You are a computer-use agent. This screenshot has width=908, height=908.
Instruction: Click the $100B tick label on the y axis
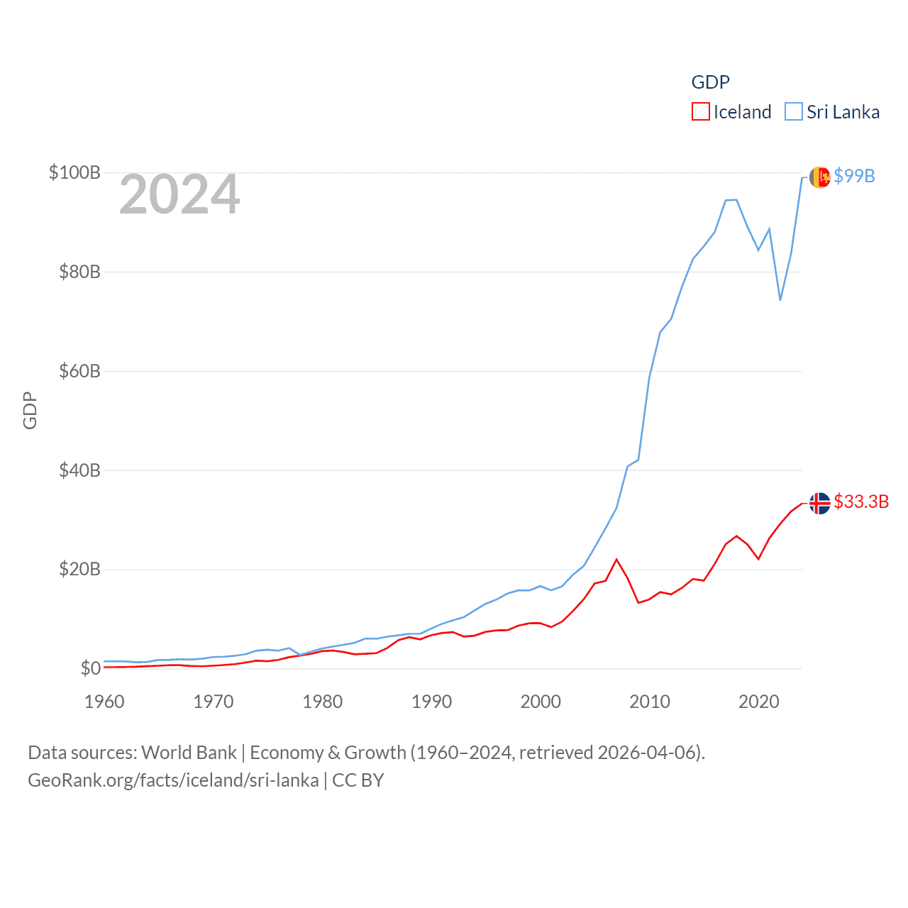click(x=74, y=172)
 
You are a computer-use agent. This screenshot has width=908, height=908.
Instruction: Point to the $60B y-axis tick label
click(x=79, y=371)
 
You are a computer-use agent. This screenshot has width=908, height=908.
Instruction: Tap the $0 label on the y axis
click(x=90, y=668)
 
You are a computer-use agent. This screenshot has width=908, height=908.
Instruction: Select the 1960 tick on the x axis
click(x=104, y=702)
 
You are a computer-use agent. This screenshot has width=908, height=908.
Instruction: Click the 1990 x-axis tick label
click(x=431, y=702)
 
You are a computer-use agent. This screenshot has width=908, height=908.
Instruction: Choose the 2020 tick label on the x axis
click(x=758, y=702)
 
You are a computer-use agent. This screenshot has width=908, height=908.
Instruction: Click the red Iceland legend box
click(x=700, y=112)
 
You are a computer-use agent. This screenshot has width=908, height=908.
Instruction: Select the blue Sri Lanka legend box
click(x=794, y=112)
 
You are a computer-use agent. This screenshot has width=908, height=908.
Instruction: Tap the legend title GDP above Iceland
click(x=710, y=82)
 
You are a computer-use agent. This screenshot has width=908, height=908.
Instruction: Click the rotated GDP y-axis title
click(x=30, y=410)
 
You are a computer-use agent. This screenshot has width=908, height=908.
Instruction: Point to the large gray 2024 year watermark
click(x=179, y=194)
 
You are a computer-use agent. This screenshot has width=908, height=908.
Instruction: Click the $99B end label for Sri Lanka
click(x=854, y=176)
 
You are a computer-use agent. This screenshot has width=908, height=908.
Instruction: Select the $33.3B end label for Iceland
click(x=861, y=502)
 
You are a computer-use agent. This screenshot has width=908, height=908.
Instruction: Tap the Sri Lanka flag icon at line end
click(x=819, y=177)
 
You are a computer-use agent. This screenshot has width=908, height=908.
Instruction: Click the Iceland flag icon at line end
click(x=819, y=503)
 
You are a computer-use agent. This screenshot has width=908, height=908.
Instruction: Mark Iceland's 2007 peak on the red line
click(x=616, y=560)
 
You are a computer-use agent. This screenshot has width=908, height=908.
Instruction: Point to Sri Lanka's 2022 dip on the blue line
click(x=780, y=299)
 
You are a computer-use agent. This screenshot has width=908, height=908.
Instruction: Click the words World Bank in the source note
click(x=189, y=752)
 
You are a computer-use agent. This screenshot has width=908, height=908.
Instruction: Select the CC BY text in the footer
click(x=358, y=780)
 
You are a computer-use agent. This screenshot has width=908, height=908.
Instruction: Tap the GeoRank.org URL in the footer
click(x=173, y=780)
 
